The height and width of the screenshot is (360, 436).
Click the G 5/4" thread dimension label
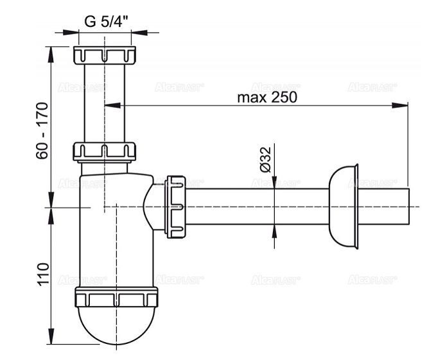107,20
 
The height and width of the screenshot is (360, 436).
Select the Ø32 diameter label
266,159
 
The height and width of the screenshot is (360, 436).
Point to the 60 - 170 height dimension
42,128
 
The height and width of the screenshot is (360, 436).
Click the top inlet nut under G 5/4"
106,55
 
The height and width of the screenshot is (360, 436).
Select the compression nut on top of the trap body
104,152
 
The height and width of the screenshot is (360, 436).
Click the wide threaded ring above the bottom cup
116,298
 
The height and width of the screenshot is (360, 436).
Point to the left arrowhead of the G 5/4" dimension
72,31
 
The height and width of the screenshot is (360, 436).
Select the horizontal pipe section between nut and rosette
257,206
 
